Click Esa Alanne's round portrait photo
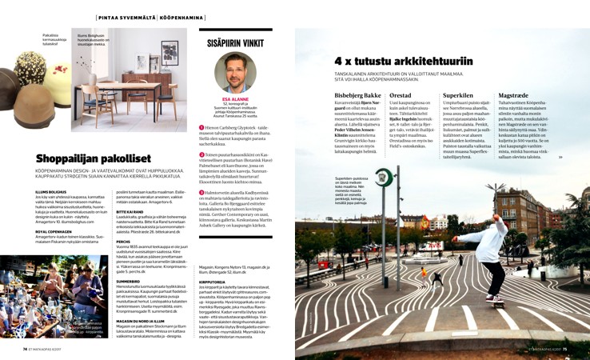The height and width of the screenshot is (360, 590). point(235,73)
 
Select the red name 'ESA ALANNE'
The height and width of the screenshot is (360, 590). point(235,101)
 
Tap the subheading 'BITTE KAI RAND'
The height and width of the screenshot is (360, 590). point(131,212)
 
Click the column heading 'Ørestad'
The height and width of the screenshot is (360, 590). point(401,94)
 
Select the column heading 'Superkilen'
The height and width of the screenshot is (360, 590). point(457,94)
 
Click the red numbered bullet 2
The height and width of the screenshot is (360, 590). point(201,154)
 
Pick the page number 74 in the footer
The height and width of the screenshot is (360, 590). point(26,350)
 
